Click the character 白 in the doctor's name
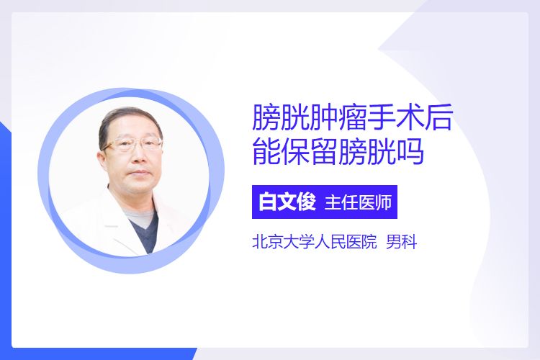pyautogui.click(x=268, y=202)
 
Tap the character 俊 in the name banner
pyautogui.click(x=307, y=202)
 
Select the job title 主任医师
pyautogui.click(x=358, y=202)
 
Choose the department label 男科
pyautogui.click(x=401, y=242)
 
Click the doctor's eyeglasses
pyautogui.click(x=132, y=144)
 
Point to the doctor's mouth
pyautogui.click(x=139, y=172)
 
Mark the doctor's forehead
pyautogui.click(x=135, y=128)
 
